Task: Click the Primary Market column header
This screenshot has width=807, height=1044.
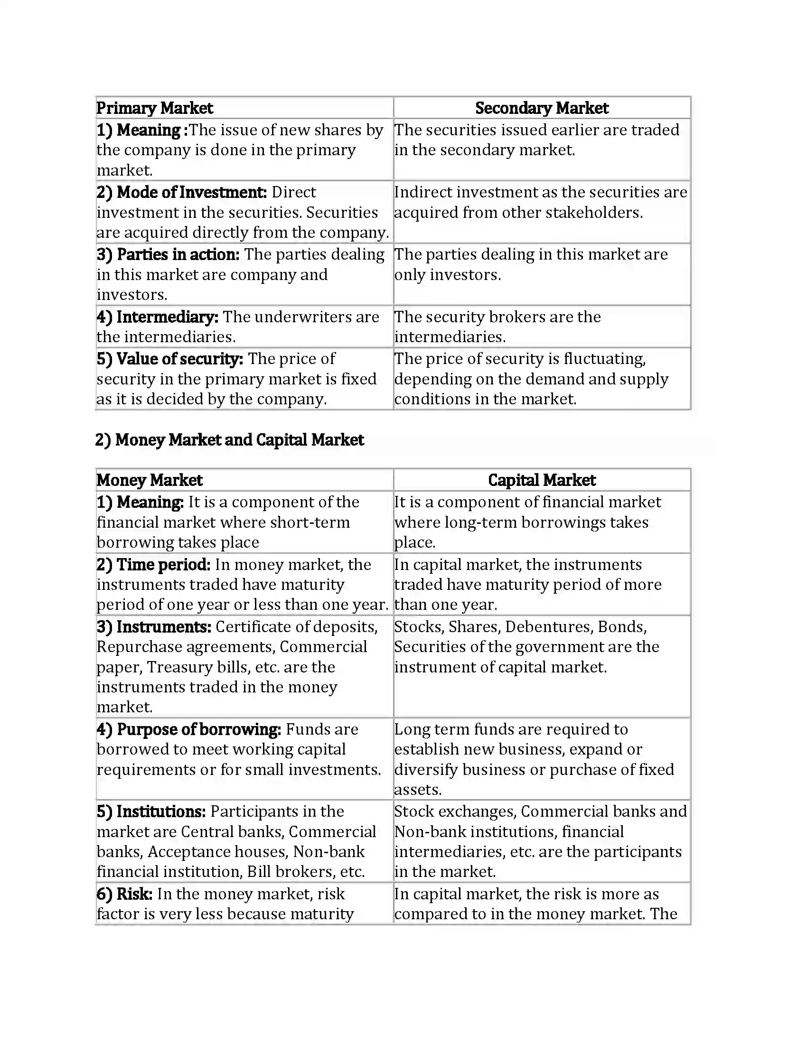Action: [154, 108]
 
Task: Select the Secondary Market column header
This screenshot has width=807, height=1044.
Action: [542, 108]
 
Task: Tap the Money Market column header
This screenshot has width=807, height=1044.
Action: [149, 480]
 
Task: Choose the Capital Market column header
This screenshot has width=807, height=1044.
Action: [542, 480]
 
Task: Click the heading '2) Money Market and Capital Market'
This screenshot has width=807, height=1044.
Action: [229, 440]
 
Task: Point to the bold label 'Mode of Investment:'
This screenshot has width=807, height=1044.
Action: [192, 192]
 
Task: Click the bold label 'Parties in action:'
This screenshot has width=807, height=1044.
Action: [178, 254]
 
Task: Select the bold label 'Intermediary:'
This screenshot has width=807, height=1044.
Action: [167, 317]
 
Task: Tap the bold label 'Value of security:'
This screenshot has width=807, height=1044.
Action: [180, 358]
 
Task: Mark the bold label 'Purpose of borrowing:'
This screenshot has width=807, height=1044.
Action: [199, 729]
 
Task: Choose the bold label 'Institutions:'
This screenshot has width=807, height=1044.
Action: [161, 811]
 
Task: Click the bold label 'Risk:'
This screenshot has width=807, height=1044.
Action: [134, 894]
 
